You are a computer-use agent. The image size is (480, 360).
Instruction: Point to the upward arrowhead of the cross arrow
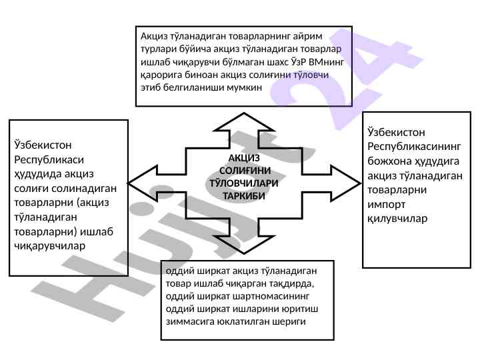tap(241, 120)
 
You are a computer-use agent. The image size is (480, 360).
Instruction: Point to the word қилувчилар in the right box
tap(397, 218)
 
